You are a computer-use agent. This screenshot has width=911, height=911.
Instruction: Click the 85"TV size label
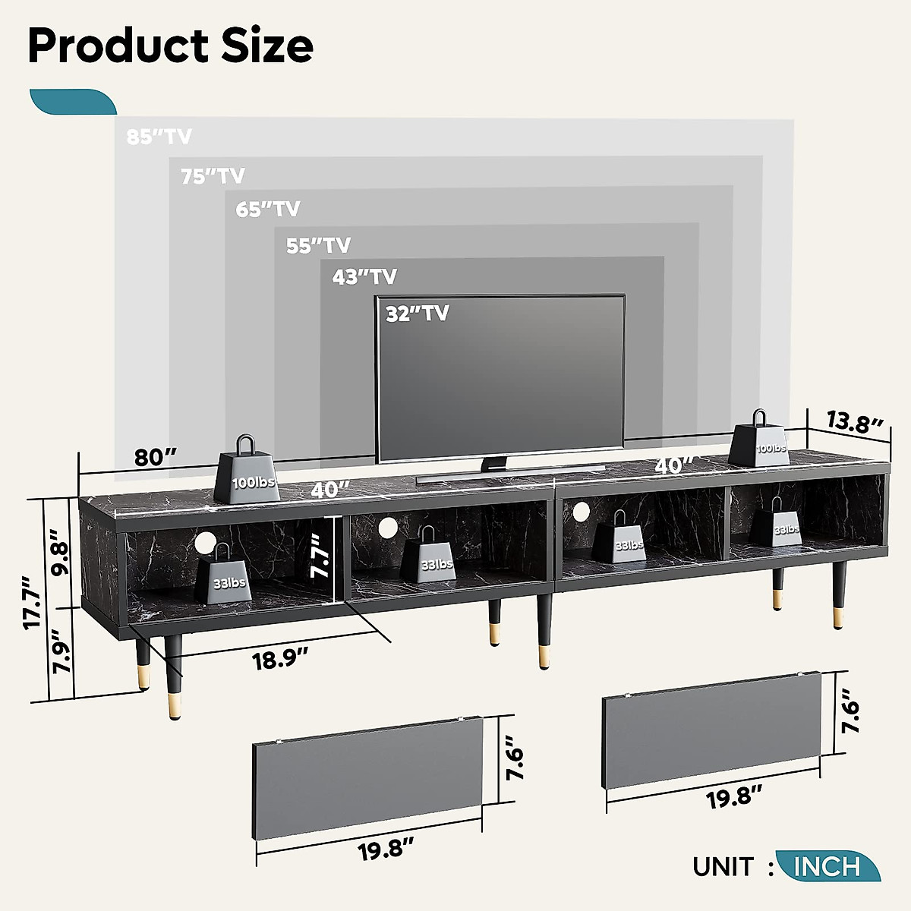pos(159,137)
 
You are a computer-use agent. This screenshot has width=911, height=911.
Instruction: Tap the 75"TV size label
pos(213,176)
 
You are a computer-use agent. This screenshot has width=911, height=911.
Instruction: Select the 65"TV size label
pos(267,209)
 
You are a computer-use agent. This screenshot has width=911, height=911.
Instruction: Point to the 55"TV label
pos(318,245)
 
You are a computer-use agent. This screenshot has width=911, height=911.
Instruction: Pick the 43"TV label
pos(364,277)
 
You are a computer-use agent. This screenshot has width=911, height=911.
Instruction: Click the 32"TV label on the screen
pos(417,313)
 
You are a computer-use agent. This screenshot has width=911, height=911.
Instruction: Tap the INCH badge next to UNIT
pos(827,866)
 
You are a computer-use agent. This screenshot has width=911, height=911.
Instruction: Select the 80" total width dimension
pos(156,458)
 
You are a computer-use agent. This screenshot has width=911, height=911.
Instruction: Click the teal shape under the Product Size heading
pos(72,102)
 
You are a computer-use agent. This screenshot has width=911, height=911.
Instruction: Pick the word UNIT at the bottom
pos(723,866)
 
